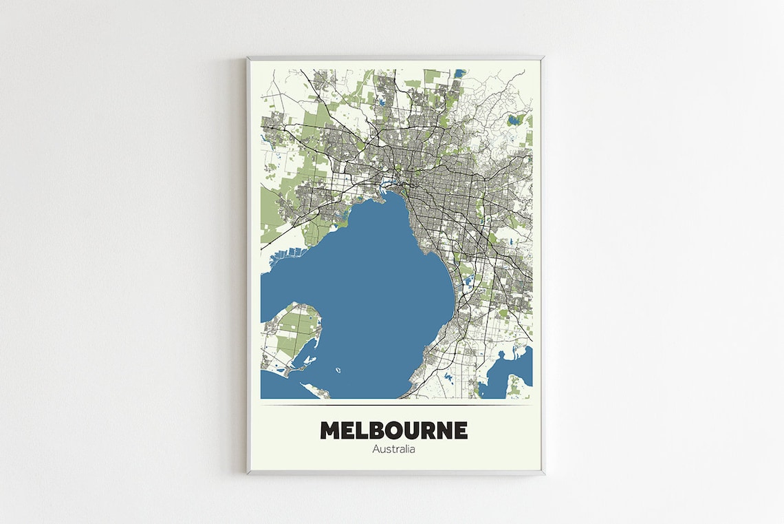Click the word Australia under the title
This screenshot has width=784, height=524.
(x=393, y=450)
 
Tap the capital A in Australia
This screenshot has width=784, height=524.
(x=375, y=450)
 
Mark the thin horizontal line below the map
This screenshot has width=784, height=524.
(x=396, y=404)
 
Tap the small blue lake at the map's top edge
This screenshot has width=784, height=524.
(x=459, y=72)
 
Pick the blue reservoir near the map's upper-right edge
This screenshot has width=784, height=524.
(x=513, y=120)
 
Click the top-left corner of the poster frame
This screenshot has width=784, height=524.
(x=248, y=59)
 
